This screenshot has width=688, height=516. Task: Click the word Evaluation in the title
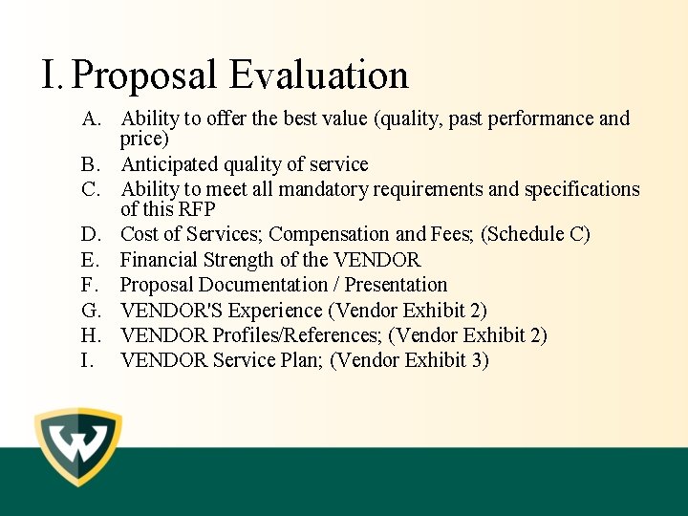[319, 75]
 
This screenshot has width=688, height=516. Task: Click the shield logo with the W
[78, 448]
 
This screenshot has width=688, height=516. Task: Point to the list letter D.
[92, 234]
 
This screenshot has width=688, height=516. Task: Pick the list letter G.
[92, 311]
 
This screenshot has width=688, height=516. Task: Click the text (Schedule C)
[536, 234]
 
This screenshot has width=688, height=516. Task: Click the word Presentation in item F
[396, 285]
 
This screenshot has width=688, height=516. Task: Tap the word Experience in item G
[275, 311]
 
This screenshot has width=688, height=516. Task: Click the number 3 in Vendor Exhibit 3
[479, 361]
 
